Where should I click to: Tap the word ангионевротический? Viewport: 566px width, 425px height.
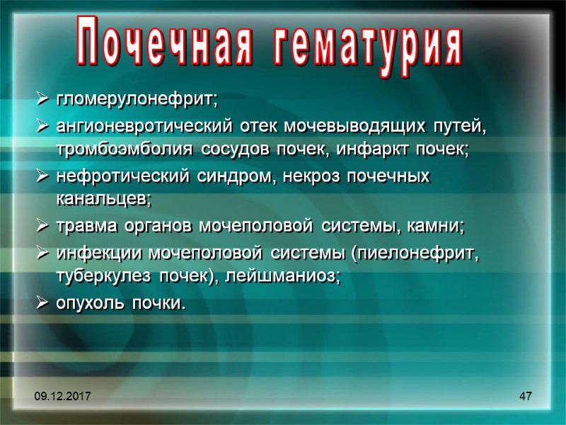coord(143,128)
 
